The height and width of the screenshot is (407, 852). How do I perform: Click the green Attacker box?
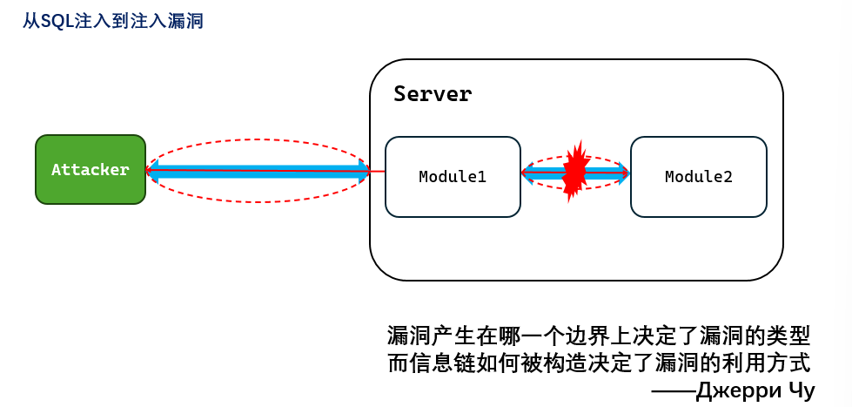91,170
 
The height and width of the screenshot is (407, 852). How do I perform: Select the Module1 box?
453,177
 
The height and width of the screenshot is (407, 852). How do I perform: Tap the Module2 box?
699,177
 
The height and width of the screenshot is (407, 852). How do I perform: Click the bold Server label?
433,94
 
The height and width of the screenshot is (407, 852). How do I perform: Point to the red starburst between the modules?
575,172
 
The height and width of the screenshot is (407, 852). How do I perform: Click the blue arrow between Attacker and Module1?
258,171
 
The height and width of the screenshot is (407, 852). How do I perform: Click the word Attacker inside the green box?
91,170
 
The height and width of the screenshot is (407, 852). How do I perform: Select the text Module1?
453,177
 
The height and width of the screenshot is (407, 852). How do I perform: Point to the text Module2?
699,177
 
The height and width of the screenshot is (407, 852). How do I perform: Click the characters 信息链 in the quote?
443,363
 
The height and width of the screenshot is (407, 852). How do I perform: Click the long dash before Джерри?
672,391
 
